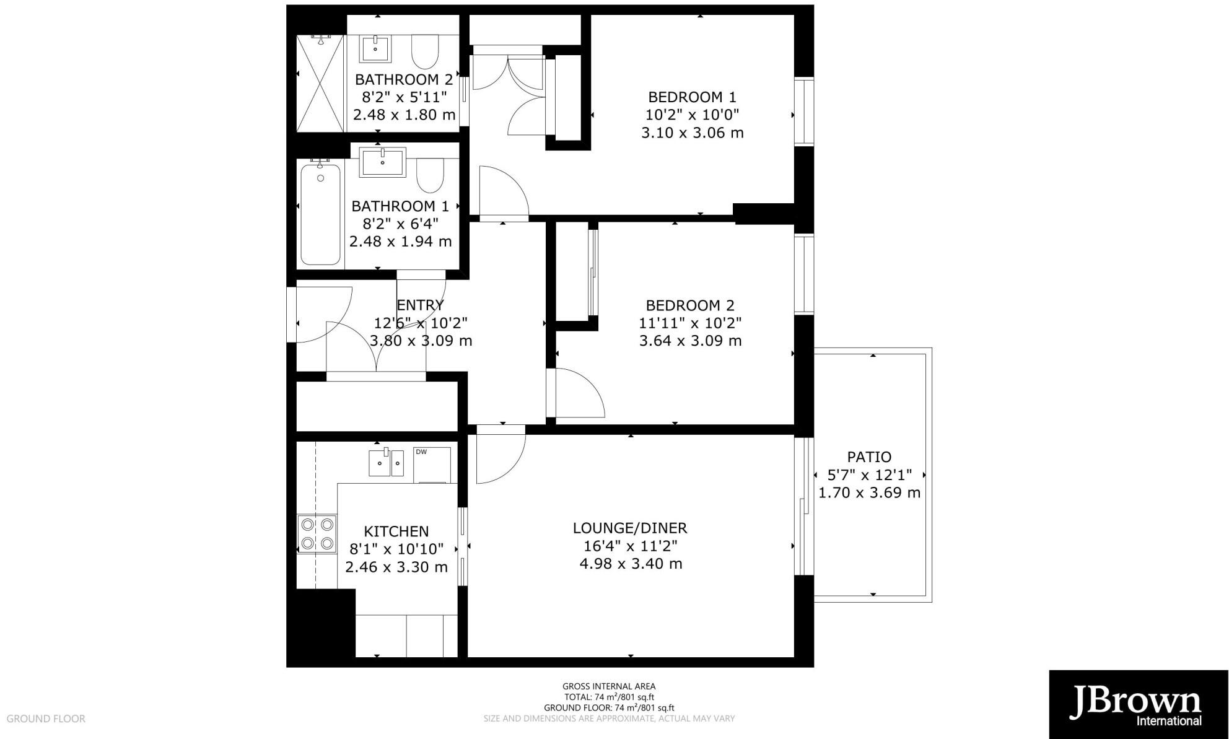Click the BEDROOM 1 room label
coord(692,97)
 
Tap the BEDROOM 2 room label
coord(690,305)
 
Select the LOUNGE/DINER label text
coord(630,528)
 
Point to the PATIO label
coord(869,457)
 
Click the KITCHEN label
coord(396,531)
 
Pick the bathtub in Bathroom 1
coord(320,214)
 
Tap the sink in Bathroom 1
coord(382,162)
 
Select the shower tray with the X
coord(320,84)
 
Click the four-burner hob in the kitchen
coord(317,534)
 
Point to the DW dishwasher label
coord(421,452)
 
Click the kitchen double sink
coord(386,463)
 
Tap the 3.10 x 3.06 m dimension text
coord(692,133)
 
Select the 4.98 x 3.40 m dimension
coord(630,564)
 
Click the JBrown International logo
coord(1138,704)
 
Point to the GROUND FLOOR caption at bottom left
coord(46,719)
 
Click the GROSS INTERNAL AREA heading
coord(608,686)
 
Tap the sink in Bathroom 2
coord(375,48)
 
